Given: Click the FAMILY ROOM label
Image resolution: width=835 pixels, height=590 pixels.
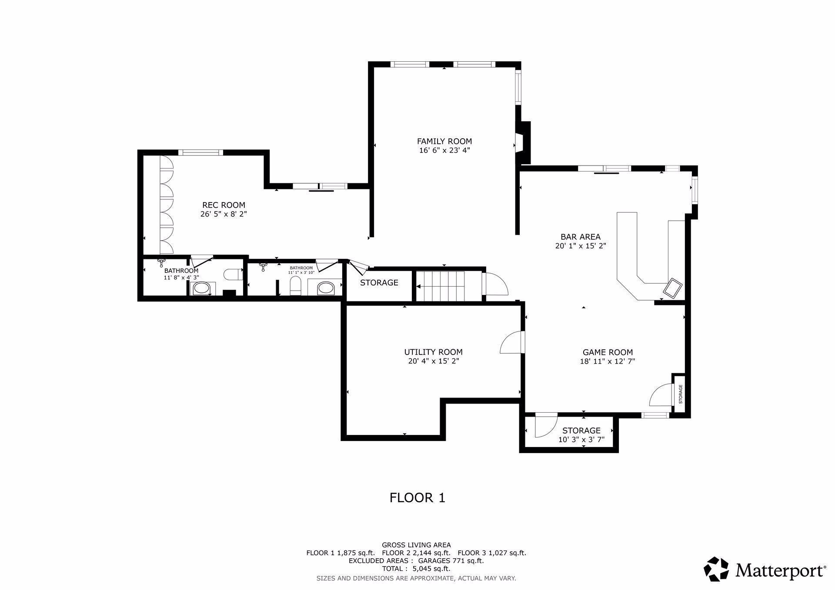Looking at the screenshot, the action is [444, 141].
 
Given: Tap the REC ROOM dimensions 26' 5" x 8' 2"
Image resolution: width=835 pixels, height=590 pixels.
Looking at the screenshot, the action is [224, 214].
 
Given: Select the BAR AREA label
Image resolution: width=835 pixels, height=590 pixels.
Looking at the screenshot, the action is [580, 237].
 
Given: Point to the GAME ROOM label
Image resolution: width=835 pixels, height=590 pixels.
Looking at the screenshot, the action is [608, 352].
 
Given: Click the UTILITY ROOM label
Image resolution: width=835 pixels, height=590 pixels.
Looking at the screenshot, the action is [433, 352].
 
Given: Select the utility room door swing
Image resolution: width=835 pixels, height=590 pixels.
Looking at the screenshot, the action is [512, 343].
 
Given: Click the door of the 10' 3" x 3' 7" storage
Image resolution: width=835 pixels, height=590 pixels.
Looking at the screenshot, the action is [546, 426].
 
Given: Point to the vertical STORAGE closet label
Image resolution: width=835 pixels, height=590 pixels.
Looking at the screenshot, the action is [681, 394].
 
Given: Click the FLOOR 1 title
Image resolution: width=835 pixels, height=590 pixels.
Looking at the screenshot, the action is [417, 497].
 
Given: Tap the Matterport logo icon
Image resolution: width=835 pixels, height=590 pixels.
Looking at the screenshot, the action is [716, 569].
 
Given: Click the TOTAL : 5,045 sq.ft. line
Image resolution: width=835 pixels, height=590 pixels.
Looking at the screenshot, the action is [416, 569].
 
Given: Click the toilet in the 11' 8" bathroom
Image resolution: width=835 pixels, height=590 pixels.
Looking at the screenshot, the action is [234, 275].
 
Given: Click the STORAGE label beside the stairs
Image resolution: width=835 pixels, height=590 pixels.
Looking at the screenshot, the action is [379, 283].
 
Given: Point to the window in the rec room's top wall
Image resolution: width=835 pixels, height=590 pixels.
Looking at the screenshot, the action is [200, 152].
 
